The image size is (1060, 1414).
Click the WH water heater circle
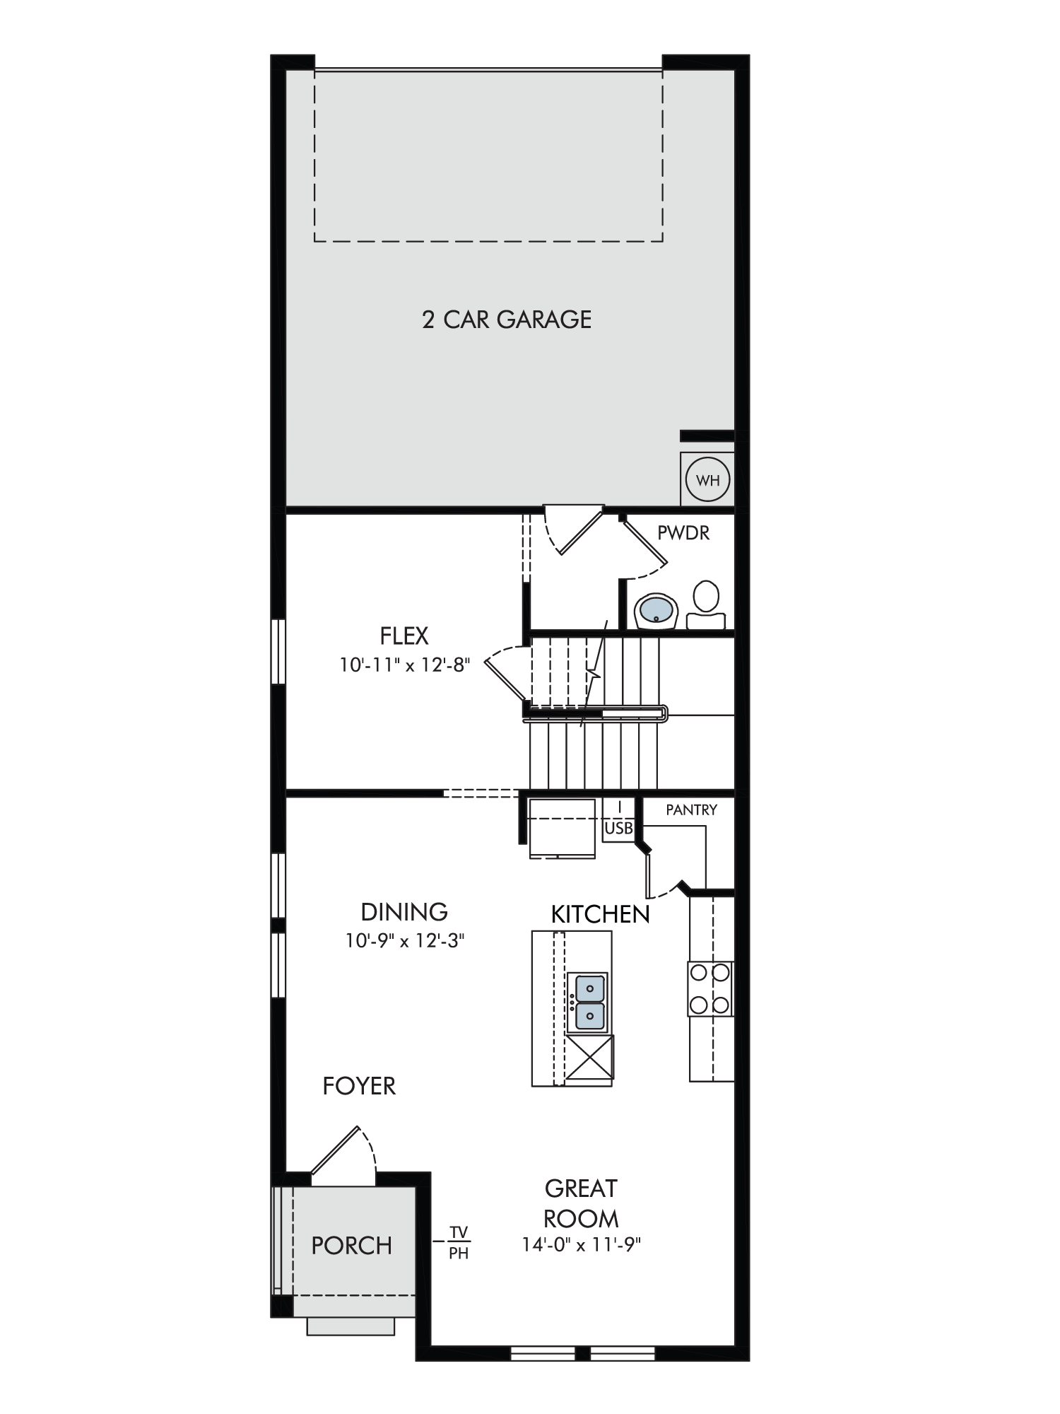click(707, 480)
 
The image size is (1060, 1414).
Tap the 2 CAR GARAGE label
click(507, 320)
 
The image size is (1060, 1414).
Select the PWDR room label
click(683, 532)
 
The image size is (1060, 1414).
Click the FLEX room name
click(404, 636)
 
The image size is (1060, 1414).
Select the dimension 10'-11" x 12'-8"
click(404, 665)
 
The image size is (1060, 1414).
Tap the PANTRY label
click(691, 810)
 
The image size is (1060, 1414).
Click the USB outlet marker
click(618, 828)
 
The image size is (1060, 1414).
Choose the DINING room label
click(404, 912)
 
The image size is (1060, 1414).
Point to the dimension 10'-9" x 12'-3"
click(404, 941)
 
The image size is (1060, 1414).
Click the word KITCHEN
click(600, 914)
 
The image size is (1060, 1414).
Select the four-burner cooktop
click(710, 988)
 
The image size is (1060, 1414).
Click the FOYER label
click(359, 1086)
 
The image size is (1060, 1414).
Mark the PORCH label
click(352, 1246)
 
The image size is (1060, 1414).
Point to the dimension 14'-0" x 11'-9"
click(581, 1245)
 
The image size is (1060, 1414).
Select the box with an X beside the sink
click(589, 1057)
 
